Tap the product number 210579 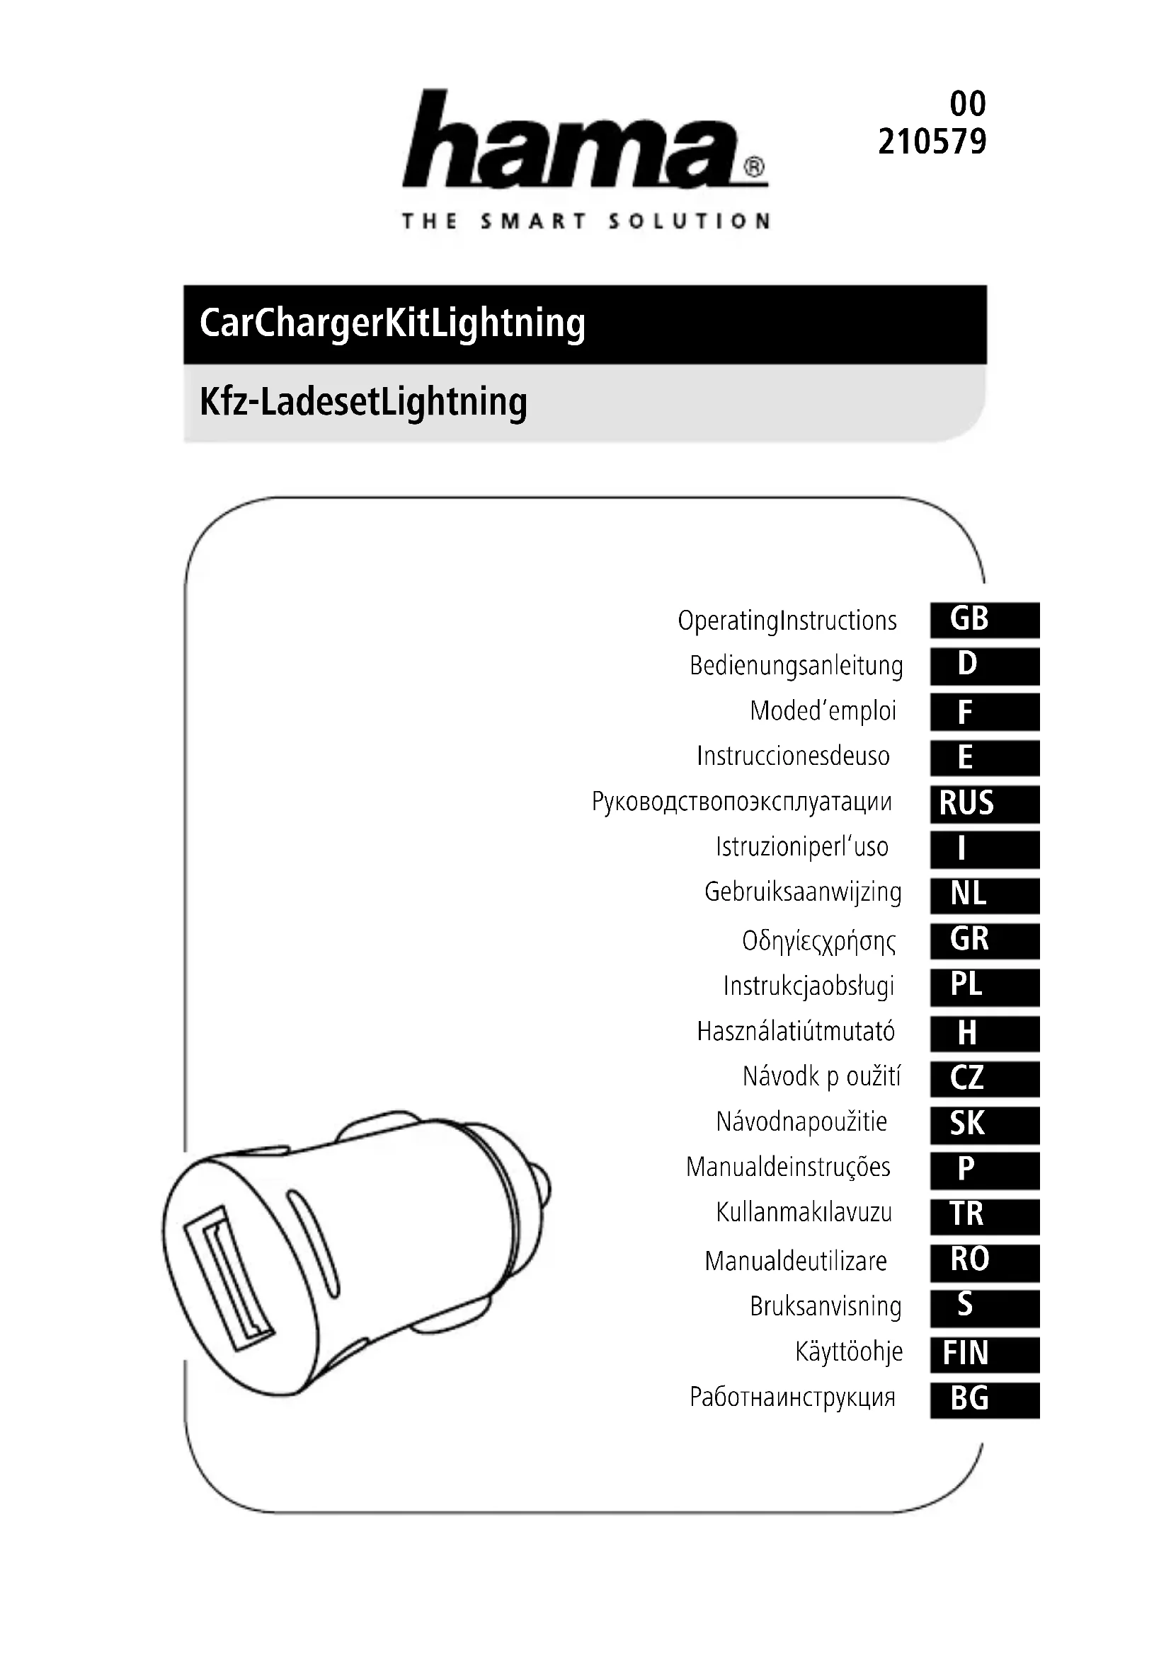[x=932, y=142]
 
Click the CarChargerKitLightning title [x=392, y=323]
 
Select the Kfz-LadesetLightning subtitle [x=363, y=402]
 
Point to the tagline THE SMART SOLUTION [x=585, y=221]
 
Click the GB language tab [x=985, y=619]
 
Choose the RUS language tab [x=985, y=803]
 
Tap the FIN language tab [x=985, y=1353]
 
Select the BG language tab [x=985, y=1399]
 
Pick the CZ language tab [x=985, y=1078]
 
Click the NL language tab [x=985, y=894]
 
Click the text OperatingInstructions [x=787, y=621]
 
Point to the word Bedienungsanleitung [x=796, y=665]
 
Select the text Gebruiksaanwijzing [x=803, y=892]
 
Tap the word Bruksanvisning [x=826, y=1306]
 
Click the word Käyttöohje [x=849, y=1351]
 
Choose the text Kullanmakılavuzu [x=804, y=1213]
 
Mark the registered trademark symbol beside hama [x=753, y=168]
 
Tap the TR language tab [x=985, y=1215]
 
